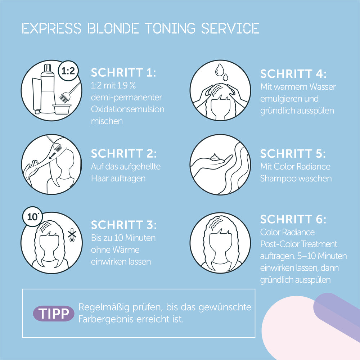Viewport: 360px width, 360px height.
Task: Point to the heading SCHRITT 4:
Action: click(293, 74)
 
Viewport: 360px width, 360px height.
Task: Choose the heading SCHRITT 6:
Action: click(293, 219)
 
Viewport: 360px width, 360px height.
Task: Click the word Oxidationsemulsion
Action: click(127, 109)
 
